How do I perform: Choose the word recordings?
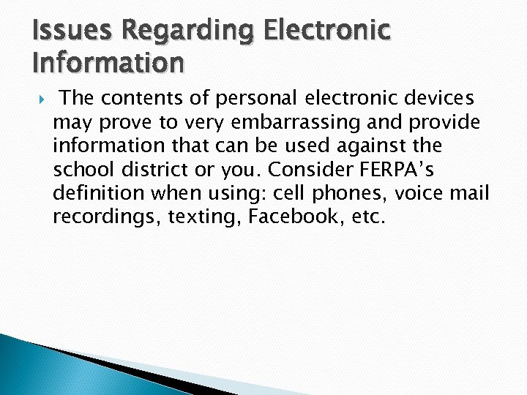coord(108,218)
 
